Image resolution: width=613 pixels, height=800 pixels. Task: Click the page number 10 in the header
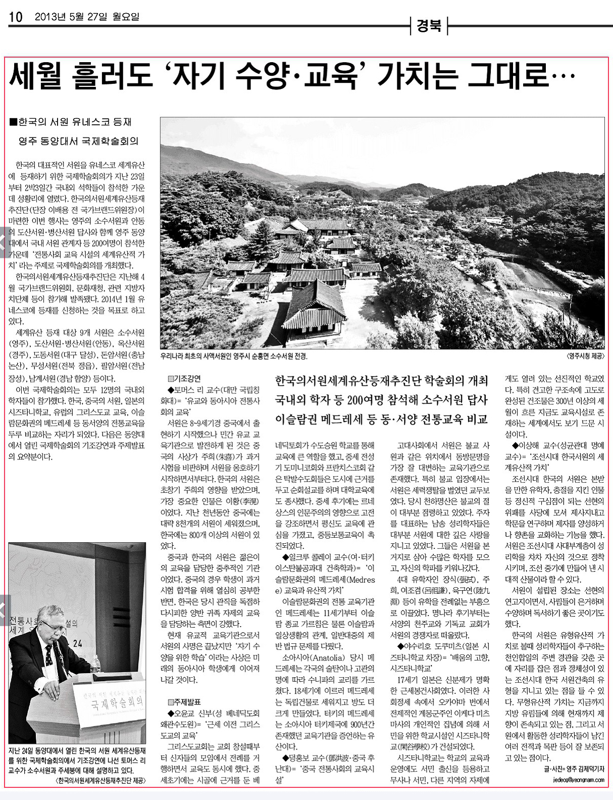tap(16, 17)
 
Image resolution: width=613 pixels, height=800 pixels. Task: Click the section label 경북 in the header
tap(429, 26)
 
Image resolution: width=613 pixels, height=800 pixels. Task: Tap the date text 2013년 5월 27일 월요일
tap(87, 17)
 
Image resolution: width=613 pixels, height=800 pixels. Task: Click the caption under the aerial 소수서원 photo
tap(233, 356)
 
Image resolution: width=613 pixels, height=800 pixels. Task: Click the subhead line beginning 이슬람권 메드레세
tap(381, 419)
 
